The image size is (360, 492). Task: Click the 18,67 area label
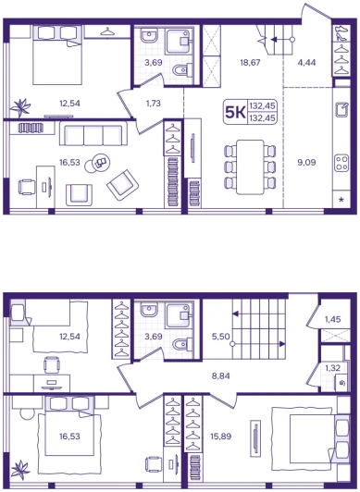250,63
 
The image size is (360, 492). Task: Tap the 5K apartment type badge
235,112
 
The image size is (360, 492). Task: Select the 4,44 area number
306,63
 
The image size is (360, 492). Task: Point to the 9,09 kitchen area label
306,163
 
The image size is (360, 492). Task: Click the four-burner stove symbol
341,163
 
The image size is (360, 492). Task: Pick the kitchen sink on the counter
341,109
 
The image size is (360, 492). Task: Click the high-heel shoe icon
341,32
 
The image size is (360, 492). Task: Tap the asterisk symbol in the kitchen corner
341,199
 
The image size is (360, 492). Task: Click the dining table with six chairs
250,166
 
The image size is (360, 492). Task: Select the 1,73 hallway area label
154,104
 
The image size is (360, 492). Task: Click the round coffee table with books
97,163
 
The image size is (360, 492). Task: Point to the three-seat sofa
93,134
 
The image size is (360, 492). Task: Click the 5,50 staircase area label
221,337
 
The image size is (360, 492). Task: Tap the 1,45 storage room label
332,319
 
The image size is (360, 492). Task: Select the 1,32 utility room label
332,368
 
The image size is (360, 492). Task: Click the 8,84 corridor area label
221,375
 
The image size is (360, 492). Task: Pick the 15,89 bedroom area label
221,437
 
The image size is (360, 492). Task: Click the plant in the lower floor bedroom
20,470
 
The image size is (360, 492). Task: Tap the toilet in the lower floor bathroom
182,344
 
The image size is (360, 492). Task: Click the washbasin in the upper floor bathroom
149,36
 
